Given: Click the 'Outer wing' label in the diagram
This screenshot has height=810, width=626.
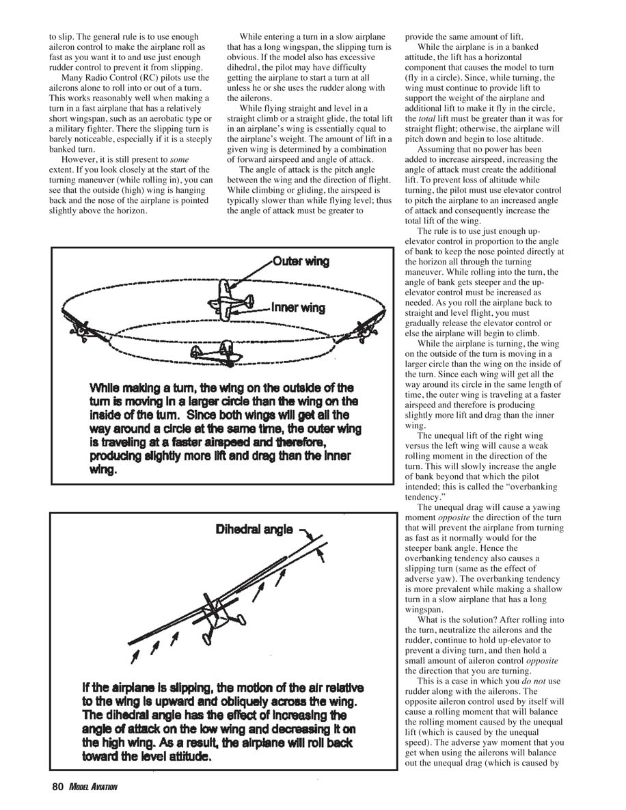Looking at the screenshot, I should (x=301, y=261).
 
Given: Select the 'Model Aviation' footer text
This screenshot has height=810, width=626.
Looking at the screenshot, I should (x=92, y=787).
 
